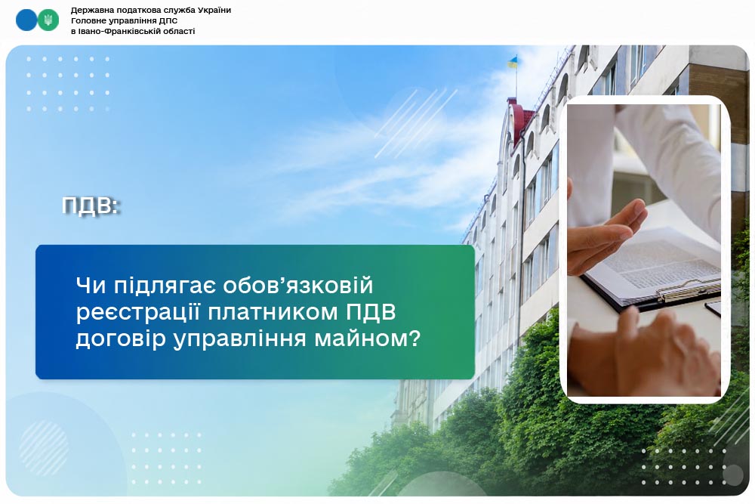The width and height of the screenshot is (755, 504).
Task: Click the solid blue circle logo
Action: coord(26,20)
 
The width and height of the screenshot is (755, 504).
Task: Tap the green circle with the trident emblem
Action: coord(48,20)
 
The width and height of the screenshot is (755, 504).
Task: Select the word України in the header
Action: coord(214,10)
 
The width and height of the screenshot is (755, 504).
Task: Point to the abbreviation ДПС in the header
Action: coord(168,20)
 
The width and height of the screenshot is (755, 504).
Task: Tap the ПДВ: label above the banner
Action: coord(91,206)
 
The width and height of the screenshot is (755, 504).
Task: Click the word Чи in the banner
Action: coord(91,285)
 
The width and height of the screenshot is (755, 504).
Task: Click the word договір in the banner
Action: coord(120,339)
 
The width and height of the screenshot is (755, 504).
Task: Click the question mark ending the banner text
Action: coord(414,339)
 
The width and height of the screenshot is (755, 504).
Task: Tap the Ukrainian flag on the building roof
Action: coord(513,62)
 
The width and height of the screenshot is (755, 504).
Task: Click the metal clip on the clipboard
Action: coord(688,291)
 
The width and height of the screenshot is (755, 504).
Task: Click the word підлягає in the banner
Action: coord(164,285)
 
